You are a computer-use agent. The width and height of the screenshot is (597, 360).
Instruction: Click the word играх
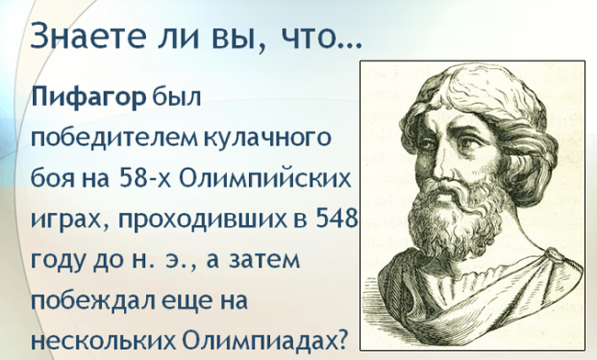coord(62,218)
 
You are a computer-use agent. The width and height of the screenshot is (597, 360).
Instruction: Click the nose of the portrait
coord(437,169)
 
